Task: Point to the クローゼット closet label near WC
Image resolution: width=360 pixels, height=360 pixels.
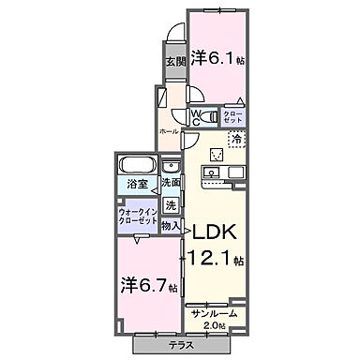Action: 233,118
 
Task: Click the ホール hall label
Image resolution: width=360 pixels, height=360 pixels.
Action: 169,130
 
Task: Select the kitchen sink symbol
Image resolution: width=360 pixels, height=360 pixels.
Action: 212,172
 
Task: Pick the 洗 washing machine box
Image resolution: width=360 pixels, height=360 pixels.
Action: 170,204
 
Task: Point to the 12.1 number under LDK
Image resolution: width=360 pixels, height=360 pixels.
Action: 213,259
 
